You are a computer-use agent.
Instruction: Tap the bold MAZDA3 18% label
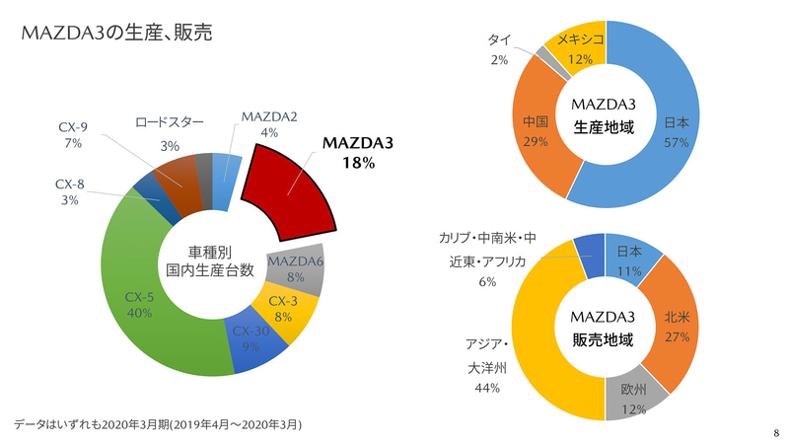click(x=357, y=153)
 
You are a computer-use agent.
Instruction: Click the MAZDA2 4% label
click(x=269, y=125)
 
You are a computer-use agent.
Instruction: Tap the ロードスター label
click(x=170, y=121)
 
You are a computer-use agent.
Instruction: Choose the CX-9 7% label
click(x=74, y=135)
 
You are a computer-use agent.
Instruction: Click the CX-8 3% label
click(x=69, y=190)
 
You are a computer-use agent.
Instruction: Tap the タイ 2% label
click(x=498, y=49)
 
